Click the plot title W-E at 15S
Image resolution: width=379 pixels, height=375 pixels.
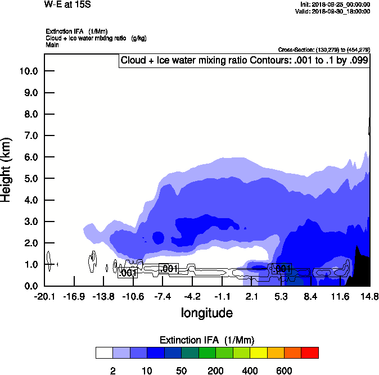[x=67, y=4]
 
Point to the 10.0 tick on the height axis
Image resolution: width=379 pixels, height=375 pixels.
[x=29, y=71]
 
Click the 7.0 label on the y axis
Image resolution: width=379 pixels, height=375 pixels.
[x=29, y=136]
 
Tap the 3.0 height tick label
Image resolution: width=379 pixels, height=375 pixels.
[x=29, y=222]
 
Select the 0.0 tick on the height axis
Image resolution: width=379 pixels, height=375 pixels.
[x=29, y=286]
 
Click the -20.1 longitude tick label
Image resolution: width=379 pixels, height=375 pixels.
[x=44, y=296]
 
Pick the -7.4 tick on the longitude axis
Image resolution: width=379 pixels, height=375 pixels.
[x=163, y=296]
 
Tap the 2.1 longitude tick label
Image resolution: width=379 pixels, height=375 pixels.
[x=251, y=296]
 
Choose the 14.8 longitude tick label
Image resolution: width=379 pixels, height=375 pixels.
[x=369, y=296]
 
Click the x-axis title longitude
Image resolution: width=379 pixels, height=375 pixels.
[x=206, y=312]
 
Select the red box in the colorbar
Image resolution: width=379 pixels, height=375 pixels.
[x=310, y=353]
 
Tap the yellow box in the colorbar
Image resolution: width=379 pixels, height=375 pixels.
[x=258, y=353]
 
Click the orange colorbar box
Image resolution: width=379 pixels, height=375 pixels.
[x=276, y=353]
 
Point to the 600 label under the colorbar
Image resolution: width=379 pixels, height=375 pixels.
[x=284, y=371]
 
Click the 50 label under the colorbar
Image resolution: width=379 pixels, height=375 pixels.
[x=181, y=371]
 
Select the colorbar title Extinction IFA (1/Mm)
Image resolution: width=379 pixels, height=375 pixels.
[x=206, y=340]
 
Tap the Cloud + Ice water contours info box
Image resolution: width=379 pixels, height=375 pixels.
[x=244, y=61]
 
